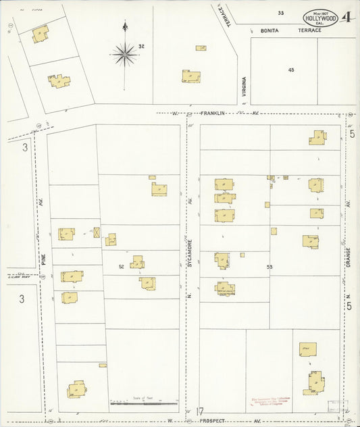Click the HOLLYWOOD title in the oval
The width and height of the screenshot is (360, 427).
(x=321, y=19)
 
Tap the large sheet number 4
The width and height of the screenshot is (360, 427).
(x=346, y=18)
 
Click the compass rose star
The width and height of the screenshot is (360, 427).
(x=124, y=53)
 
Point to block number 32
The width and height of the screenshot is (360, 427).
(x=142, y=46)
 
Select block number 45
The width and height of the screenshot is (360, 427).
(x=291, y=70)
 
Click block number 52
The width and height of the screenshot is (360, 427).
(x=122, y=266)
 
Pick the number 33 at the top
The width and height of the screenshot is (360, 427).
(x=280, y=13)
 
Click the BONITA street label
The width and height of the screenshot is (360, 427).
(x=270, y=30)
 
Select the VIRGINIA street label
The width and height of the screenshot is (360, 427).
(x=244, y=87)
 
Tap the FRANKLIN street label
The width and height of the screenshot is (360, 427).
(x=211, y=113)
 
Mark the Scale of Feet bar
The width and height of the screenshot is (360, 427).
(x=143, y=404)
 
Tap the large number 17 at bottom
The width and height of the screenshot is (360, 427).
(x=200, y=411)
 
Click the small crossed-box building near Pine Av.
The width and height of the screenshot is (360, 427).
(x=97, y=233)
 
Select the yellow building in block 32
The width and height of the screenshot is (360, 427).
(x=190, y=76)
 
